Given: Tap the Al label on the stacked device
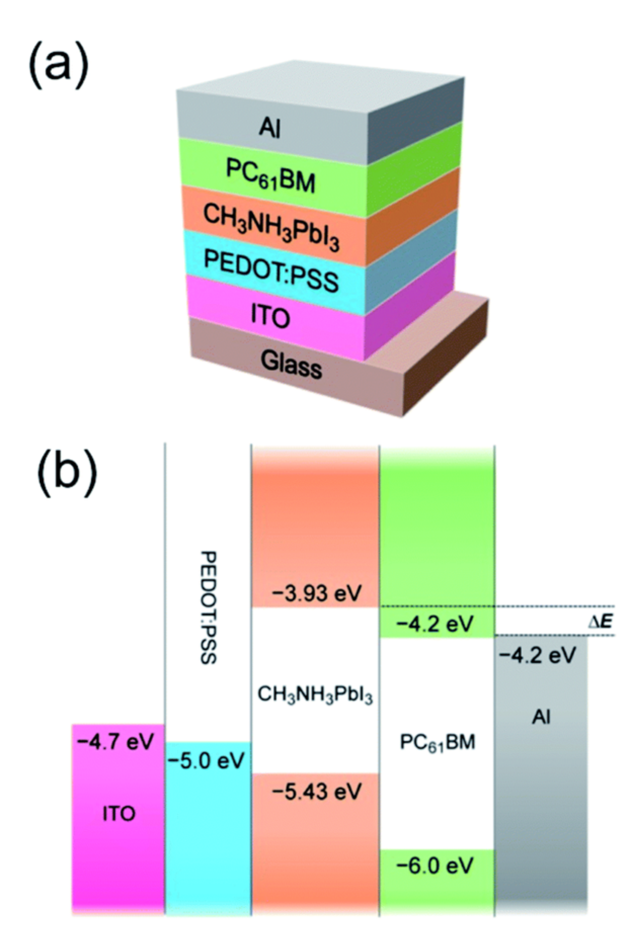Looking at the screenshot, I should point(269,127).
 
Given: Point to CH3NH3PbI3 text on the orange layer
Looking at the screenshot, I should point(271,228).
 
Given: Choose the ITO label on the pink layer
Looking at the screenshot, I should point(270,316).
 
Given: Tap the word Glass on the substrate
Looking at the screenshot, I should point(291,363).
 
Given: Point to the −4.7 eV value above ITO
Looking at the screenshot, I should point(115,742).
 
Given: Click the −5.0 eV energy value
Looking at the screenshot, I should point(206,760).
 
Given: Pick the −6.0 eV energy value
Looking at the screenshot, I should point(435,866).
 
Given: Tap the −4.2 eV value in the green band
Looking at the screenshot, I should point(435,623).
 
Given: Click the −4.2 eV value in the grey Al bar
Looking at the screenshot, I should point(537,656).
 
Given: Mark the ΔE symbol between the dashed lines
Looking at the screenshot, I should point(601,621).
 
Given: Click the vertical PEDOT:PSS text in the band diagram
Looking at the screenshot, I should point(208,607).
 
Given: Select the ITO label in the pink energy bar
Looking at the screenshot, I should point(119,814).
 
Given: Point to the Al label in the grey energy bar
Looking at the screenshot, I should point(541,717).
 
